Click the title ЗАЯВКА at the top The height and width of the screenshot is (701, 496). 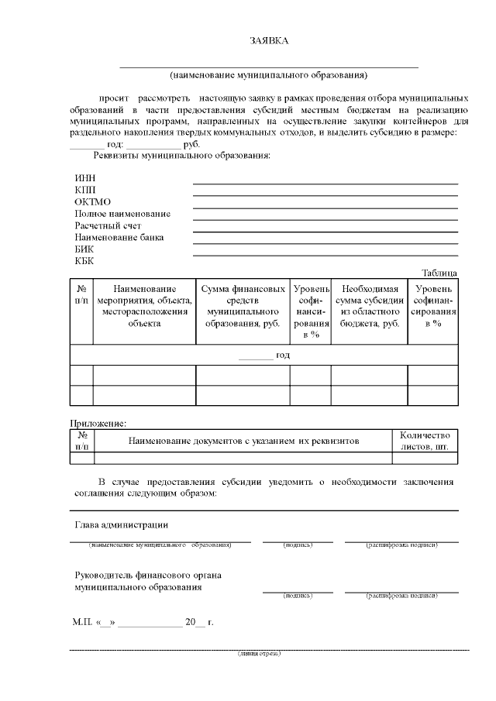click(268, 40)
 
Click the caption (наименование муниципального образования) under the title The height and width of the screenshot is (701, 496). click(268, 75)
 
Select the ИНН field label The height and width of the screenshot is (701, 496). click(84, 179)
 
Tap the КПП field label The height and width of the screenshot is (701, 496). click(85, 191)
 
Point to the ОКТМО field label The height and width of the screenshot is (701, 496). click(93, 202)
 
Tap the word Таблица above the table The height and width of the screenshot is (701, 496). click(439, 273)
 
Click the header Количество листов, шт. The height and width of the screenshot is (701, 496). click(424, 441)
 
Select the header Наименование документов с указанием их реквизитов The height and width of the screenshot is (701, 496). click(243, 441)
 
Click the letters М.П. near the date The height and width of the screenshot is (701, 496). click(81, 622)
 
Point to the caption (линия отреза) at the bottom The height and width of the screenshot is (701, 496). click(259, 653)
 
